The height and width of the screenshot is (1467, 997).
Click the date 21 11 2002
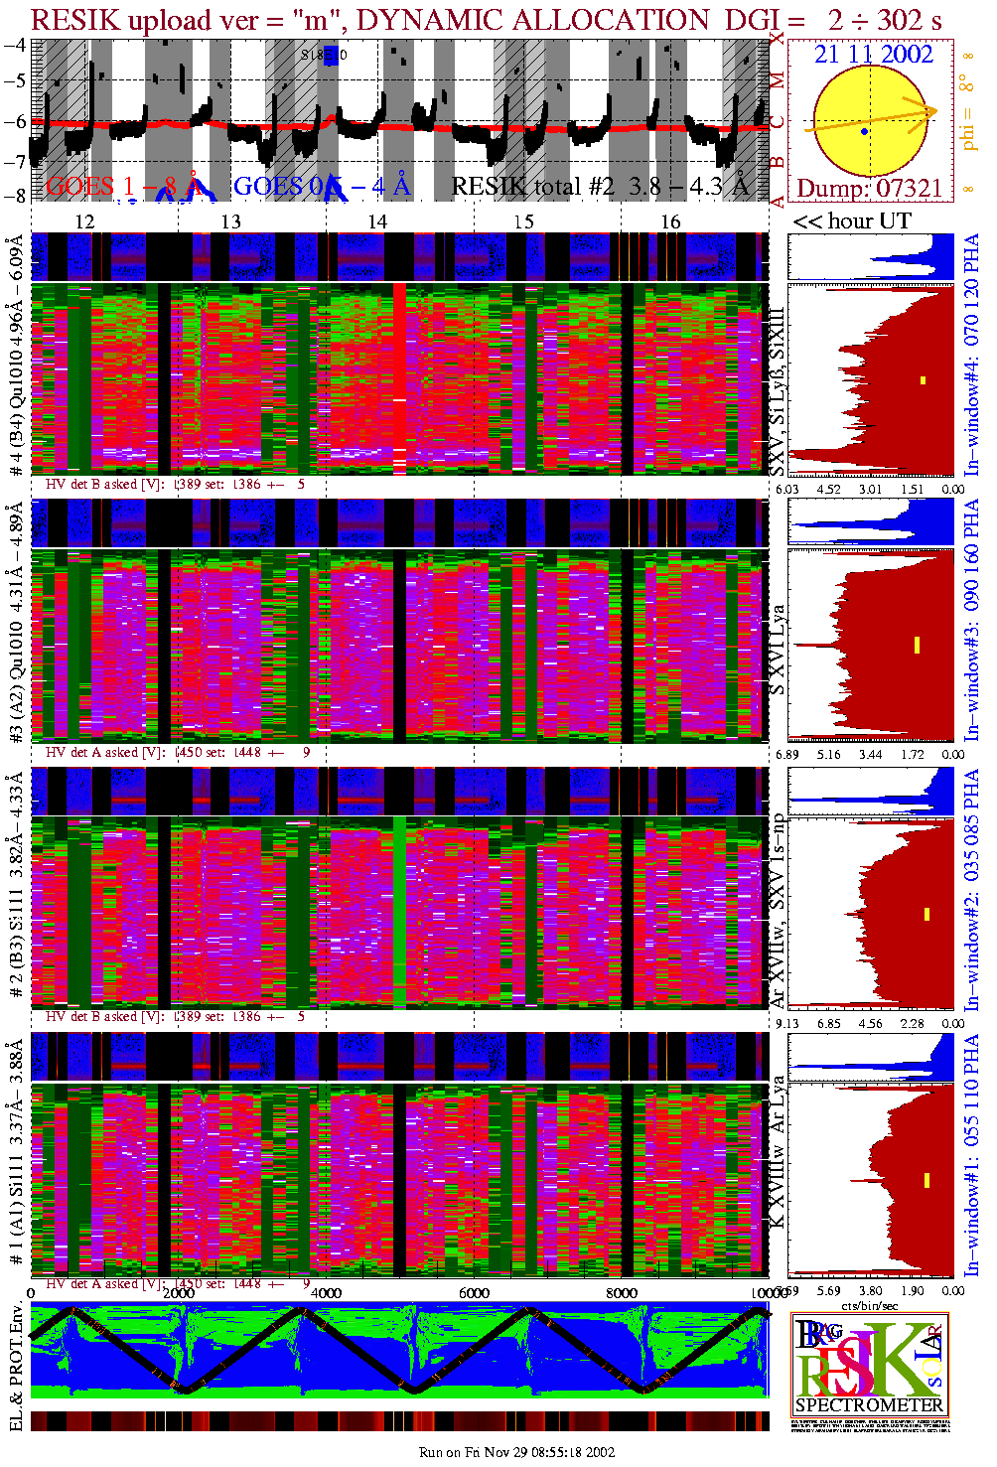[874, 54]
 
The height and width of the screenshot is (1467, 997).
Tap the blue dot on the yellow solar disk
[865, 131]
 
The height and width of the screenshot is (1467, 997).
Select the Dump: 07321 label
[869, 188]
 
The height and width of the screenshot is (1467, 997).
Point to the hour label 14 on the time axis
[377, 221]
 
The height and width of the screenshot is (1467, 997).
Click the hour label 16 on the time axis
[671, 221]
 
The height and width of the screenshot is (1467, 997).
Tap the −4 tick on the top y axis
[15, 45]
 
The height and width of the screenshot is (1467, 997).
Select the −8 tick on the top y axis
[15, 196]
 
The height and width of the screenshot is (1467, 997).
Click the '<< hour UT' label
[852, 220]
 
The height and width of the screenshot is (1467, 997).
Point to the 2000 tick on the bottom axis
[179, 1293]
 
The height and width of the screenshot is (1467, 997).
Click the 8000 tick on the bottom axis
[622, 1293]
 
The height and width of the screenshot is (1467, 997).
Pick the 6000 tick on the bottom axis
[474, 1293]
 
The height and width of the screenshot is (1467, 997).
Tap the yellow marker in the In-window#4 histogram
[923, 379]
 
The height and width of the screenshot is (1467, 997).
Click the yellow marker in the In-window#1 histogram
[926, 1180]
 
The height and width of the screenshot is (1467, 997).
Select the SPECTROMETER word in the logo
[869, 1405]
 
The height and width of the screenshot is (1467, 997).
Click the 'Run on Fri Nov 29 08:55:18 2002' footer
[516, 1452]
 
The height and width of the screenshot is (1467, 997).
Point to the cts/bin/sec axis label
[870, 1305]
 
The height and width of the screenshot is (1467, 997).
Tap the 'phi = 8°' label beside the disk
[969, 117]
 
